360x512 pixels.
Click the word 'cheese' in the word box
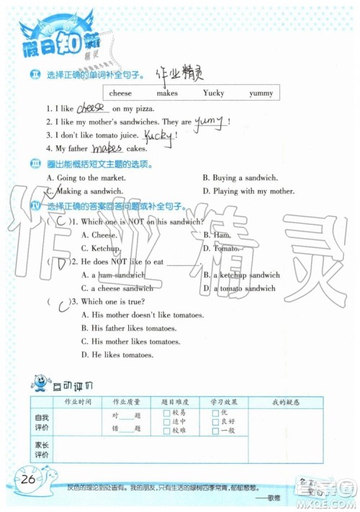pyautogui.click(x=121, y=94)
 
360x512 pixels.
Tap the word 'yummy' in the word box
pyautogui.click(x=261, y=94)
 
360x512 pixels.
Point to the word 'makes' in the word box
pyautogui.click(x=167, y=94)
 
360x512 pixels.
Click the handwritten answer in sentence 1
pyautogui.click(x=91, y=107)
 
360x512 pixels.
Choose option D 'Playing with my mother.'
pyautogui.click(x=248, y=191)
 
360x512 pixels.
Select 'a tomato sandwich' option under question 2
pyautogui.click(x=243, y=288)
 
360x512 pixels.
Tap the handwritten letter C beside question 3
pyautogui.click(x=63, y=302)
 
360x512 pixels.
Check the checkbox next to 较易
pyautogui.click(x=166, y=412)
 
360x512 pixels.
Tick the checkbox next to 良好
pyautogui.click(x=215, y=421)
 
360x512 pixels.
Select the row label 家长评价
pyautogui.click(x=42, y=450)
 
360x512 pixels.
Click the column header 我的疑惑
pyautogui.click(x=286, y=402)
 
